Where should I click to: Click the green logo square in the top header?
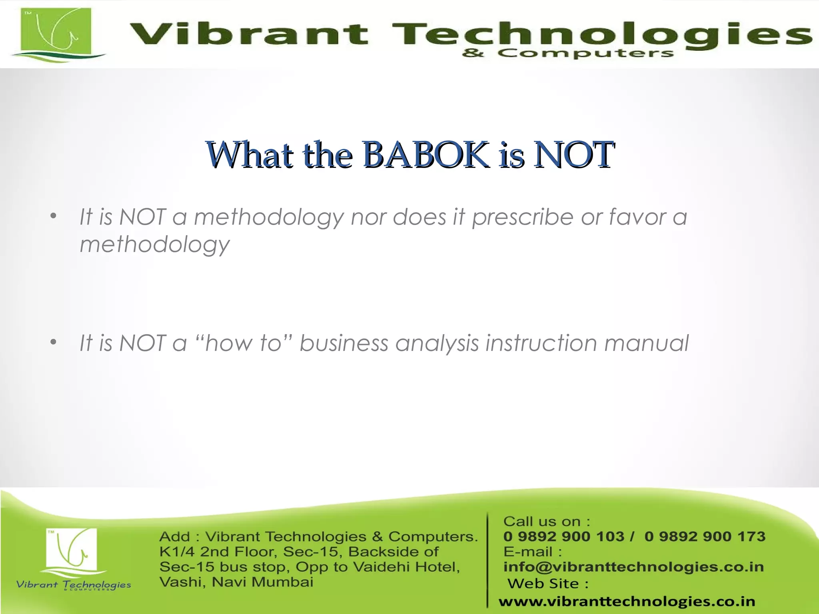tap(56, 34)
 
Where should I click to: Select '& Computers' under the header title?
tap(568, 53)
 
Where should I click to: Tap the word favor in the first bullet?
tap(637, 217)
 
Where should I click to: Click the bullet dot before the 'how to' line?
tap(54, 343)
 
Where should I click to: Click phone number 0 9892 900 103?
tap(563, 536)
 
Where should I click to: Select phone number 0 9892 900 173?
tap(705, 536)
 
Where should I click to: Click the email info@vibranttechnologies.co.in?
tap(633, 567)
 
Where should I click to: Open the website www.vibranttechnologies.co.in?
tap(627, 601)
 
